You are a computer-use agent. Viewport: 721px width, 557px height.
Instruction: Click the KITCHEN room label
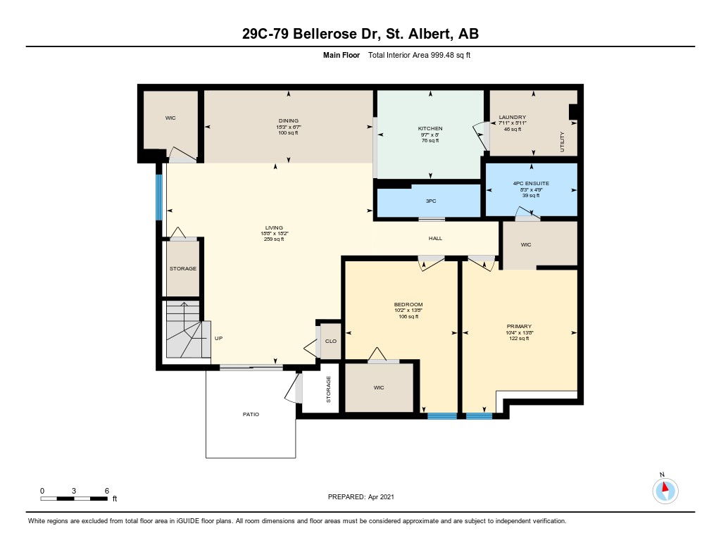(x=430, y=128)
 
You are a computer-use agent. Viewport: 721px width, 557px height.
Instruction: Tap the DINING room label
(x=288, y=120)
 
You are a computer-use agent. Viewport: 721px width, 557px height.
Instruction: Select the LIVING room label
(x=274, y=227)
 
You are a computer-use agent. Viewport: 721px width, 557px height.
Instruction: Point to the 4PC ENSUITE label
(x=531, y=183)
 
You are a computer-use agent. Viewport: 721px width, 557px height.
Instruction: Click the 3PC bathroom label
(x=431, y=201)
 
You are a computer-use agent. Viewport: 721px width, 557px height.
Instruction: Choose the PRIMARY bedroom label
(x=519, y=326)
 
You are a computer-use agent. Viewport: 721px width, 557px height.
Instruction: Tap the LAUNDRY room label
(x=513, y=118)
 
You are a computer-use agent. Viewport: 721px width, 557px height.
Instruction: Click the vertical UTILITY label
(x=562, y=142)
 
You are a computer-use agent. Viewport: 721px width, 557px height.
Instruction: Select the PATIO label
(x=251, y=415)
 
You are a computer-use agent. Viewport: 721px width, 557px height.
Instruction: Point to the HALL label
(x=435, y=238)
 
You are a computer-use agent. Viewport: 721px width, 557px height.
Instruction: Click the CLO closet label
(x=331, y=342)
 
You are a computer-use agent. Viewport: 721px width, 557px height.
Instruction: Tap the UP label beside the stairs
(x=218, y=338)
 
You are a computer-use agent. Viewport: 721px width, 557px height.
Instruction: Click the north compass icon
(x=665, y=490)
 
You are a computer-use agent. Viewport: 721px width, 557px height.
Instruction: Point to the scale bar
(x=74, y=499)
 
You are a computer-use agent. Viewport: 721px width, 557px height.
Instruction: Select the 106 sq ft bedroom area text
(x=408, y=316)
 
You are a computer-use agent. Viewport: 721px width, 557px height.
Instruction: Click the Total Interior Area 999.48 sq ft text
(x=419, y=55)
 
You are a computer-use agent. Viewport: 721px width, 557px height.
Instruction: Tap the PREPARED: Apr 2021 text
(x=361, y=496)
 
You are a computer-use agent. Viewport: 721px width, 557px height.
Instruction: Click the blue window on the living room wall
(x=159, y=197)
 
